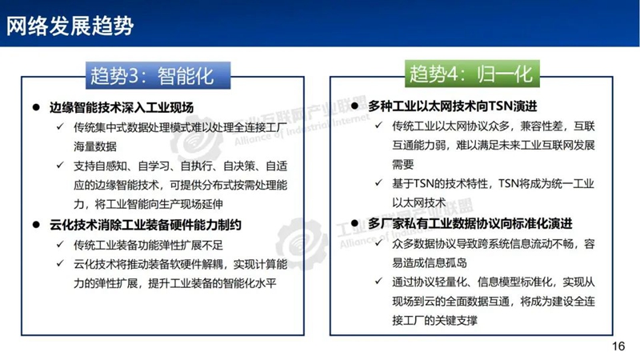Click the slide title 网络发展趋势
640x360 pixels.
point(70,26)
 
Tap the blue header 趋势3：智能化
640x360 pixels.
point(158,75)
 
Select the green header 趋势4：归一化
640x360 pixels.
point(472,74)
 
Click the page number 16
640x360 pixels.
point(618,346)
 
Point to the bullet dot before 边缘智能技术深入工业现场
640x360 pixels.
point(36,107)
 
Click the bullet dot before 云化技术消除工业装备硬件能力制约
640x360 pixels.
point(36,225)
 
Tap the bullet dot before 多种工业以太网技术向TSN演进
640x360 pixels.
point(354,106)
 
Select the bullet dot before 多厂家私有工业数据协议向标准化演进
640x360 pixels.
point(354,223)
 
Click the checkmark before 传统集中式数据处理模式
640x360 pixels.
point(61,126)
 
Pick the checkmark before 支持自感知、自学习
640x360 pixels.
point(61,165)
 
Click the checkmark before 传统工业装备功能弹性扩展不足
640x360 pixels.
point(61,244)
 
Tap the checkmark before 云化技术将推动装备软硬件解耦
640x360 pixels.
point(61,263)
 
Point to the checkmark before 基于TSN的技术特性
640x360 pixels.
point(378,182)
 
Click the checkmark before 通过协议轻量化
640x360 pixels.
point(378,281)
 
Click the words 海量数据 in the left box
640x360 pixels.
point(95,146)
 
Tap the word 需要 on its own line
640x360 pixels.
point(403,164)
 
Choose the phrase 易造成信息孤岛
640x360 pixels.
point(430,262)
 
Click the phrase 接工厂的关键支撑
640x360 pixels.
point(434,321)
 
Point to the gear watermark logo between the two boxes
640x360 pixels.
point(302,244)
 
